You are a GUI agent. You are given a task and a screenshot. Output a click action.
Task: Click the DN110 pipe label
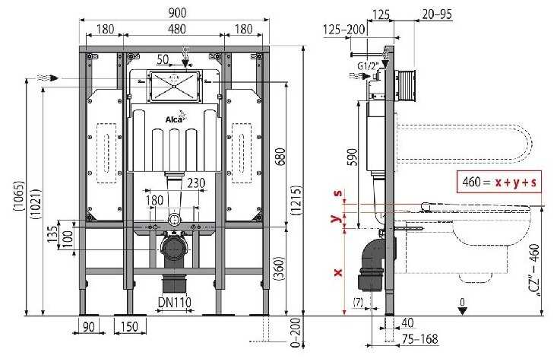point(175,303)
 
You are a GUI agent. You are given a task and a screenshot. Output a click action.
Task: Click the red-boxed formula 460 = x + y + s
point(498,183)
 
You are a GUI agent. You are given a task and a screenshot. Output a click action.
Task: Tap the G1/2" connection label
point(369,66)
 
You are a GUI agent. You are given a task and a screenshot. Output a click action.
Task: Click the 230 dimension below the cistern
point(195,182)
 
